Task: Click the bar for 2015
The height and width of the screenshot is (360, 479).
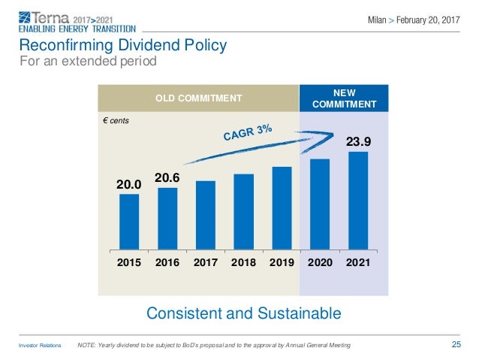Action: pos(129,222)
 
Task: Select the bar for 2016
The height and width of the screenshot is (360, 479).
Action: pos(167,219)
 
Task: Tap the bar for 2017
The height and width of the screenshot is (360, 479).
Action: pos(206,215)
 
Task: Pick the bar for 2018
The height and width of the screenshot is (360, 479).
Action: pos(243,212)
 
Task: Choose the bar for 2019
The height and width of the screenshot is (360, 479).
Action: pos(282,208)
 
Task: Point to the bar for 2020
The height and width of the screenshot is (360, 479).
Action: pos(320,204)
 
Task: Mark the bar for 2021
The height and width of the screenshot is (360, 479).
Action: pos(358,201)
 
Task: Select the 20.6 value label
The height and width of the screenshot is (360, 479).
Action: pos(167,177)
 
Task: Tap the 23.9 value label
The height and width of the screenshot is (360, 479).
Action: pos(358,141)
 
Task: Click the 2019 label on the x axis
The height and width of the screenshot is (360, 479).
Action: pos(282,265)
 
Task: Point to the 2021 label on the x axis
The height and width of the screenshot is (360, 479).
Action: pos(358,265)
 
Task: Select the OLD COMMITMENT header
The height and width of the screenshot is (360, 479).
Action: pos(199,98)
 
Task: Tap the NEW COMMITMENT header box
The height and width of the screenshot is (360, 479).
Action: pos(343,98)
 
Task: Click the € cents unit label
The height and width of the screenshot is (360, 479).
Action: pos(119,120)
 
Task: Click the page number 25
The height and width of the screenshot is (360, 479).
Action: pos(456,345)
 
